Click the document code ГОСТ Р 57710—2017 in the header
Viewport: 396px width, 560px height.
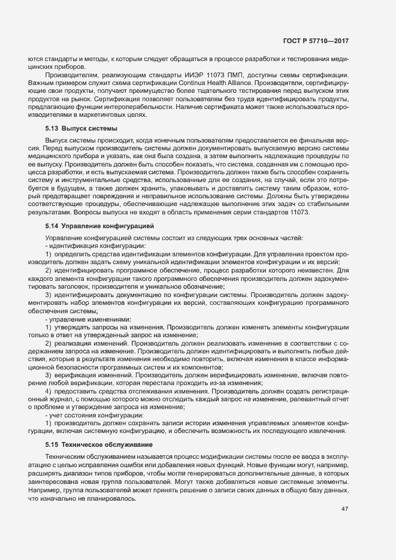point(316,41)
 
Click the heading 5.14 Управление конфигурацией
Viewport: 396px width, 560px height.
point(99,225)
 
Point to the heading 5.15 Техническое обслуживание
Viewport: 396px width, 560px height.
point(99,444)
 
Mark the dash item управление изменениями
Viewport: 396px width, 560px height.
point(89,320)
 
